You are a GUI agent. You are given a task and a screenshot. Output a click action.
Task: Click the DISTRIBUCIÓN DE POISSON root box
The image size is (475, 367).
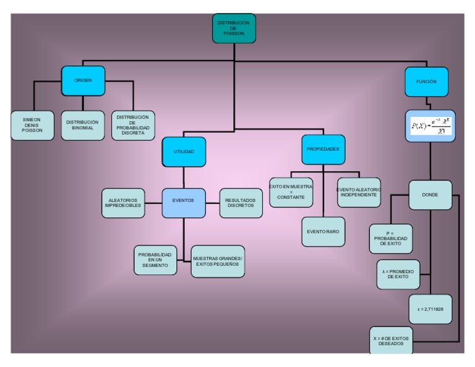click(234, 28)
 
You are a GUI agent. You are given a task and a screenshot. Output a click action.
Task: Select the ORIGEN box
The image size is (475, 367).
click(83, 81)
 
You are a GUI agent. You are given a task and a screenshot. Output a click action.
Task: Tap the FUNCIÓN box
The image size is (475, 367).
click(426, 82)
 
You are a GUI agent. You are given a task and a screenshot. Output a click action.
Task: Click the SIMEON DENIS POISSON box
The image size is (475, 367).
click(32, 125)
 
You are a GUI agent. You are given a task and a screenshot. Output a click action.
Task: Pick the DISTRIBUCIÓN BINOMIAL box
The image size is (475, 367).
click(82, 125)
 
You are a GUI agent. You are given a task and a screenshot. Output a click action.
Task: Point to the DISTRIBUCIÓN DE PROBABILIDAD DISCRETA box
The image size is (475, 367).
click(133, 125)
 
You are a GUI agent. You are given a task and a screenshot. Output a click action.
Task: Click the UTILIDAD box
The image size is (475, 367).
click(184, 152)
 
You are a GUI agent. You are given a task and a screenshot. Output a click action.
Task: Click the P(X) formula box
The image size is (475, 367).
click(431, 126)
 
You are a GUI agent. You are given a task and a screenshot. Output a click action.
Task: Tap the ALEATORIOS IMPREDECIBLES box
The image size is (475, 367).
click(123, 203)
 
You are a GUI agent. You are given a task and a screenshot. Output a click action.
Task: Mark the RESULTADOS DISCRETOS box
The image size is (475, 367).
click(241, 203)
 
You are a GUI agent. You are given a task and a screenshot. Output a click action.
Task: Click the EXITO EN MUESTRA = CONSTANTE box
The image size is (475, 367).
click(291, 192)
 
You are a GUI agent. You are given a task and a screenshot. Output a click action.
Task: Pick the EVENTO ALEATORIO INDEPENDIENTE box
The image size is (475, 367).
click(359, 192)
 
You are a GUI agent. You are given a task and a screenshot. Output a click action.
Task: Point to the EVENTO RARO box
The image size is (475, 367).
click(323, 232)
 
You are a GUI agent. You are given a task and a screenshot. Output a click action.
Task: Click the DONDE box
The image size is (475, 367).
click(430, 195)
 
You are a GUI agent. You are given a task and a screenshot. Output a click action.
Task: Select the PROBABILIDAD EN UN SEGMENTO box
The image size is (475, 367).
click(155, 260)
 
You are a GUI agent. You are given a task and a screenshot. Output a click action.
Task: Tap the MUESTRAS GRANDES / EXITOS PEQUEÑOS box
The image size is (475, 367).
click(218, 261)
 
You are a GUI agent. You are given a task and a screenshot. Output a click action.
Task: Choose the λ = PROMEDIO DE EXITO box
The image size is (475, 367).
click(398, 274)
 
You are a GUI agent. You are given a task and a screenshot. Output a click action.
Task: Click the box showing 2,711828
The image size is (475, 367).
click(430, 309)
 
